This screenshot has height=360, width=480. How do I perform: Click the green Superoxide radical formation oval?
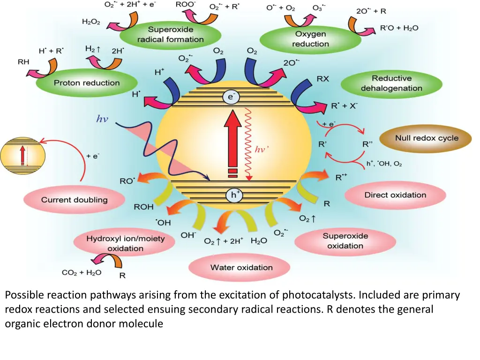tap(170, 35)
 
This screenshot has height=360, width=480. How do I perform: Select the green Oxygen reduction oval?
tap(311, 39)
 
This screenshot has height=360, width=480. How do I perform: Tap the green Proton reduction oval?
tap(87, 83)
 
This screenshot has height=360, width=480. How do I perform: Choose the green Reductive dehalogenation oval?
tap(391, 83)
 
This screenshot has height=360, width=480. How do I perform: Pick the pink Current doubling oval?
tap(74, 200)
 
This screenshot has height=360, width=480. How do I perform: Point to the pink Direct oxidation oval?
tap(395, 195)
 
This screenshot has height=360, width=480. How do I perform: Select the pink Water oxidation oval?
tap(241, 268)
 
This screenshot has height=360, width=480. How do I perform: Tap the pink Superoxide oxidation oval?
tap(345, 241)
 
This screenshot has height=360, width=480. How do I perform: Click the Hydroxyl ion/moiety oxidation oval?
tap(125, 243)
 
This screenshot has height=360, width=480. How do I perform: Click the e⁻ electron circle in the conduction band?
tap(230, 97)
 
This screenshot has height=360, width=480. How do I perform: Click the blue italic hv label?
tap(102, 119)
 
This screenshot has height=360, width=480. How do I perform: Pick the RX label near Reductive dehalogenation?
tap(322, 79)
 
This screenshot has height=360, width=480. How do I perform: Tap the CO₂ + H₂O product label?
tap(82, 272)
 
